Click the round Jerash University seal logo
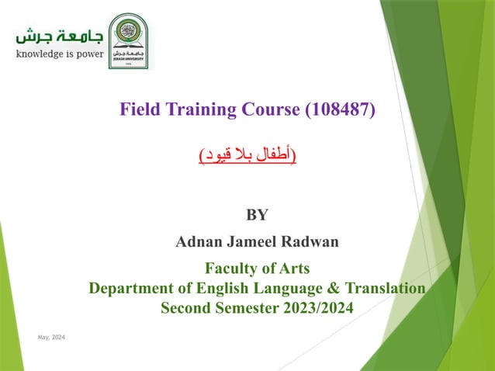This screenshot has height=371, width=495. coord(128,40)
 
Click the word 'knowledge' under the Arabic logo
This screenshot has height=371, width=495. coord(40,56)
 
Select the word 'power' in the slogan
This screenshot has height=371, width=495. coord(88,56)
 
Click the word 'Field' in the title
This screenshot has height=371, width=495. coord(140,109)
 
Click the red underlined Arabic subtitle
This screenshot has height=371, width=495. coord(247,156)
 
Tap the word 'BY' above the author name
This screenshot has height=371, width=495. coord(257,215)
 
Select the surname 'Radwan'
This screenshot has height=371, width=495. coord(310,241)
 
